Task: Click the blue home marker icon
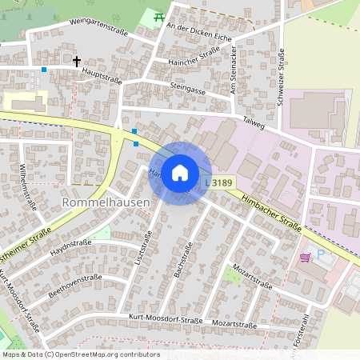click(x=180, y=172)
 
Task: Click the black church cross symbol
click(x=78, y=61)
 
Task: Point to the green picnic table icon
click(x=158, y=16)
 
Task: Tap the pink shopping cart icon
click(x=305, y=257)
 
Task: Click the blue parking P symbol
click(x=322, y=254)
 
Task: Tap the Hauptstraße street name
click(x=101, y=75)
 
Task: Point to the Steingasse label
click(x=189, y=88)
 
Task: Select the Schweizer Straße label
click(x=282, y=74)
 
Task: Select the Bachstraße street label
click(x=185, y=260)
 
